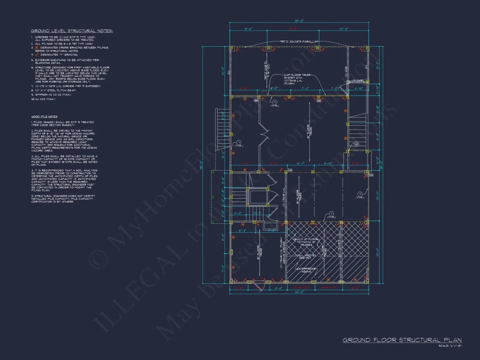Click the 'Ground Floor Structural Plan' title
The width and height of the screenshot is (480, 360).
(402, 340)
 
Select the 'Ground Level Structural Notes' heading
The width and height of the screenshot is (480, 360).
(72, 31)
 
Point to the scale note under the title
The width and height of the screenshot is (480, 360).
(450, 346)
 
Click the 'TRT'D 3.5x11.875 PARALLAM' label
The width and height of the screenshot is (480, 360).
(299, 41)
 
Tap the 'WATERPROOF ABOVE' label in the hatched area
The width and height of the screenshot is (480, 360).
(306, 270)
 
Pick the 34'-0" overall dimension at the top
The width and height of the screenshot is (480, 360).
(299, 20)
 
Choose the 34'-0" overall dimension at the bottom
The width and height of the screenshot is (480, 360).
(299, 292)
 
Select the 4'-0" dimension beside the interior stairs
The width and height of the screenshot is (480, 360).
(238, 213)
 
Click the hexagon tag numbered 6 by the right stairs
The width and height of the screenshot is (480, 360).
(356, 144)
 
